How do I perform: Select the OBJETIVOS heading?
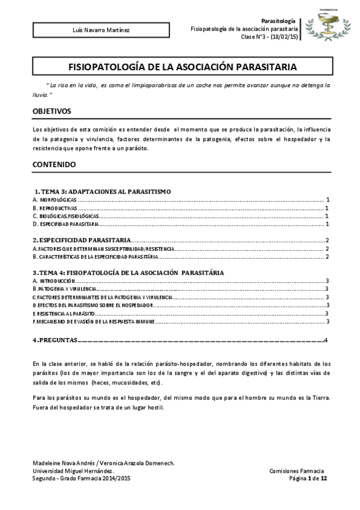[52, 111]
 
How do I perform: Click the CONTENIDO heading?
[54, 164]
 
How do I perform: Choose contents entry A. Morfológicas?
[55, 198]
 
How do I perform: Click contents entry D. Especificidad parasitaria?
[66, 224]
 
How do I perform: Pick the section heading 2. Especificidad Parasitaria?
[82, 240]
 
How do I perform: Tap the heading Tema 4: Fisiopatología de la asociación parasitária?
[129, 272]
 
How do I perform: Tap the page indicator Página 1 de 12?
[308, 478]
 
